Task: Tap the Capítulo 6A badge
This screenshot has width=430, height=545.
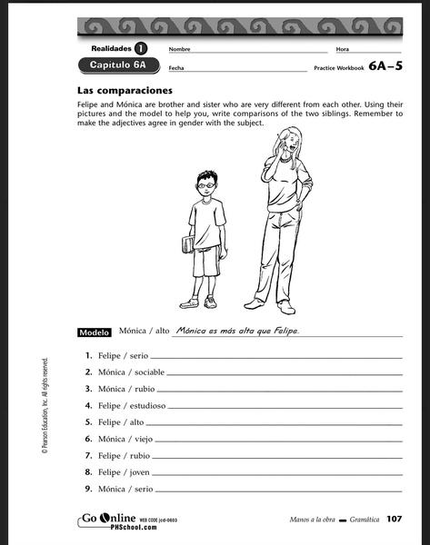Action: (x=118, y=65)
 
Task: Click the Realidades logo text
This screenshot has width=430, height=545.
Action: (x=112, y=48)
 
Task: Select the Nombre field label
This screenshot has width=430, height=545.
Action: (x=179, y=49)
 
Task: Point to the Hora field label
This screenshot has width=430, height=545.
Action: (x=342, y=49)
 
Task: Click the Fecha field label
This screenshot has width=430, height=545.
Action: (x=176, y=68)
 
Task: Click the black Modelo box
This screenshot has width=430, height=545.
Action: (x=95, y=332)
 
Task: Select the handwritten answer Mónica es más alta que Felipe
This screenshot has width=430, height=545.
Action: (x=237, y=331)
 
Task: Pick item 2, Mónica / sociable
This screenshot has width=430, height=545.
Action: (x=131, y=372)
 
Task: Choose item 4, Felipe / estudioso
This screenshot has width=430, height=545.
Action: (x=131, y=405)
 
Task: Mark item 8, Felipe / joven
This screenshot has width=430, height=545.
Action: (x=123, y=471)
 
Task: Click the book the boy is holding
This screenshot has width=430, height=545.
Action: (x=188, y=243)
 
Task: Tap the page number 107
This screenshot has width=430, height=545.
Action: (x=393, y=520)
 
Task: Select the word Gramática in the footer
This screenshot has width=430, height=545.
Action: (x=355, y=520)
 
